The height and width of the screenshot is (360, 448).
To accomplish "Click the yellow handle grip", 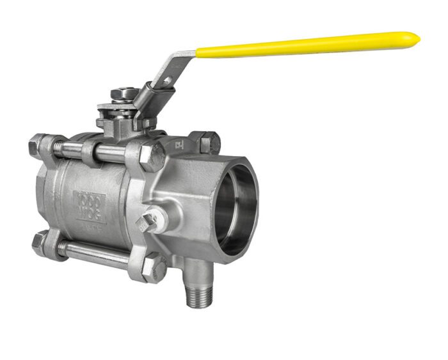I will tap(307, 45).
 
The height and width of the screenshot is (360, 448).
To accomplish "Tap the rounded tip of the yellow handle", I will tap(415, 38).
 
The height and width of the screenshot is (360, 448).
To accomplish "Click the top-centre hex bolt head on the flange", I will tap(151, 156).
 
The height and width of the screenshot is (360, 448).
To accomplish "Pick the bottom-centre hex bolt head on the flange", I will tap(154, 267).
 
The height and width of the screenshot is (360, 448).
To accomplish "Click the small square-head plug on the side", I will tap(147, 221).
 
